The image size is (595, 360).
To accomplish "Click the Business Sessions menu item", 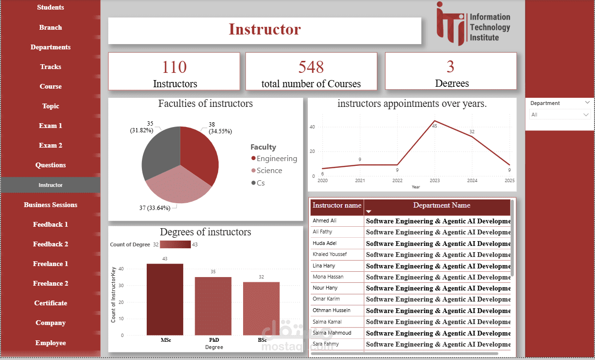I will click(x=50, y=205).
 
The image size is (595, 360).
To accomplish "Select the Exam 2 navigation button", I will click(x=50, y=145).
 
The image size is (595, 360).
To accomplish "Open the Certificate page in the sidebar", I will click(x=50, y=303).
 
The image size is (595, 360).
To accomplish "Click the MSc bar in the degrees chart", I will click(x=165, y=299).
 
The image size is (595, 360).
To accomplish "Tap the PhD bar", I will click(x=213, y=306).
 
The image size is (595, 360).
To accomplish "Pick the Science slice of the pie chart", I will click(x=177, y=187).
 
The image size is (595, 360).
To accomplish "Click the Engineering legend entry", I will click(x=276, y=159).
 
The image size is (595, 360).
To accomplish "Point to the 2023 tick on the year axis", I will click(x=435, y=181).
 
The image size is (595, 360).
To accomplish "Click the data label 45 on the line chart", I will click(x=435, y=126).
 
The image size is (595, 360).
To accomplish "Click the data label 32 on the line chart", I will click(x=472, y=132).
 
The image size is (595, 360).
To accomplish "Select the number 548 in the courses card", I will click(x=311, y=67).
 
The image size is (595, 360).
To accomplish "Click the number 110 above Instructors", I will click(x=175, y=67).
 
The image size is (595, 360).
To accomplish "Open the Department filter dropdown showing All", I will click(x=559, y=115).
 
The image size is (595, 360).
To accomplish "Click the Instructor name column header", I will click(x=337, y=206).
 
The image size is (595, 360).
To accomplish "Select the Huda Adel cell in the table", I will click(x=325, y=243).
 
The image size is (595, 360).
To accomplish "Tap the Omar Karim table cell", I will click(x=326, y=299).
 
